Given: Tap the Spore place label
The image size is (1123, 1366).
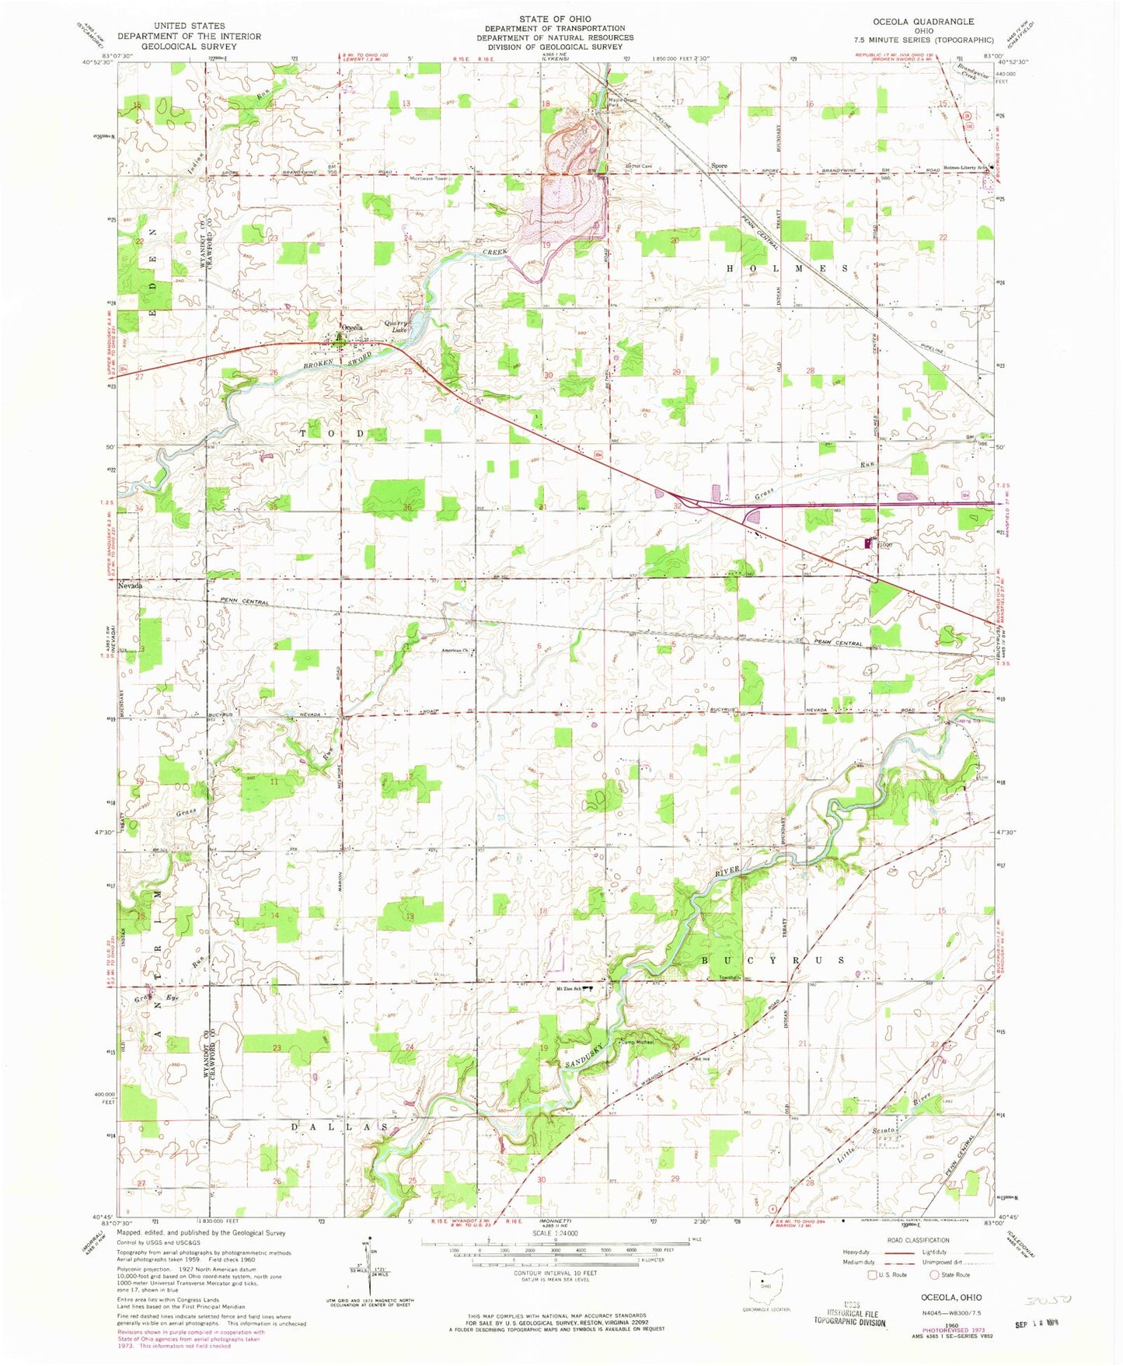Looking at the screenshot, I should tap(719, 166).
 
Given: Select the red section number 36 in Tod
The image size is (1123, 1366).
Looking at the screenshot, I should tap(409, 507).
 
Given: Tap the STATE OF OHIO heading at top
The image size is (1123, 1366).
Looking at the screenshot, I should tap(555, 19).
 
